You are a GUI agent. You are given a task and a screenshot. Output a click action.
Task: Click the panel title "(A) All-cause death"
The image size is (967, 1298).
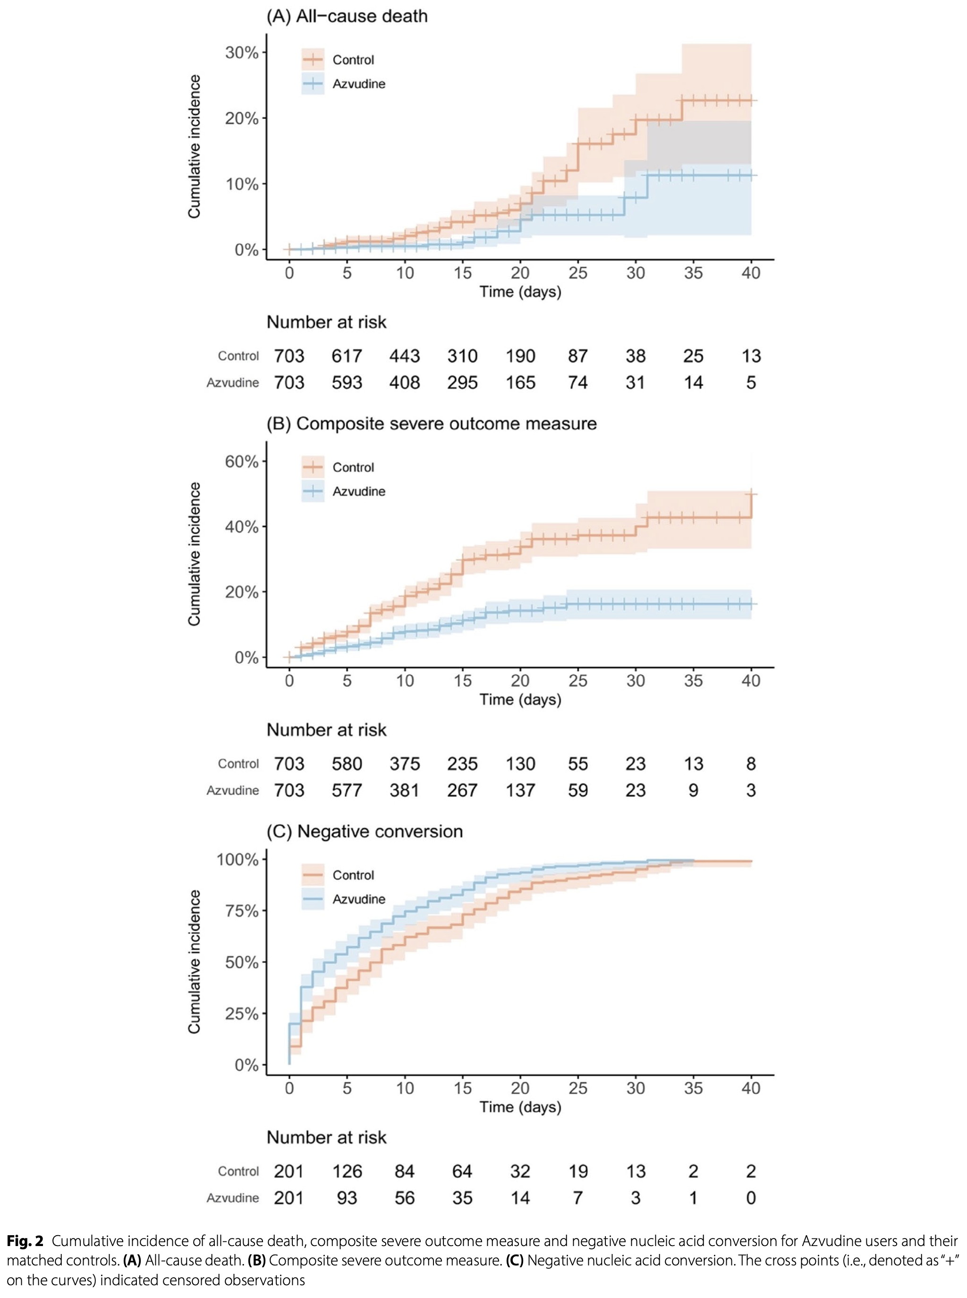tap(347, 16)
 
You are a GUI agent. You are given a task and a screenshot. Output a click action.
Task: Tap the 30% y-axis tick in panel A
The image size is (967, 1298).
tap(242, 53)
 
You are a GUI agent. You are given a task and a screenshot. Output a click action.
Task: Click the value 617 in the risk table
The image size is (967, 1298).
tap(347, 356)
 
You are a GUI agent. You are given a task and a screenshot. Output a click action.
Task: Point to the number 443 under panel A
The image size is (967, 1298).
tap(405, 356)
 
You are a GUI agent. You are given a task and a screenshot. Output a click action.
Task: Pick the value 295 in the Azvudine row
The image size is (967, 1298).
tap(462, 383)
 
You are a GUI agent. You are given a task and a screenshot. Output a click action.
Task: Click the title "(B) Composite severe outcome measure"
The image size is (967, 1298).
tap(432, 423)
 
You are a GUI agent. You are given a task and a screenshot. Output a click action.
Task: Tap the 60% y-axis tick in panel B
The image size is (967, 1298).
tap(242, 461)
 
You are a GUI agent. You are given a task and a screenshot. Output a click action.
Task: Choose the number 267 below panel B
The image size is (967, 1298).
tap(462, 790)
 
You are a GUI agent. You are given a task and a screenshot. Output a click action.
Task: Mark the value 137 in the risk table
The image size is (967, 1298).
tap(520, 790)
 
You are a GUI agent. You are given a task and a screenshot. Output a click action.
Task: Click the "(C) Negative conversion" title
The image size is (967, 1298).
tap(364, 831)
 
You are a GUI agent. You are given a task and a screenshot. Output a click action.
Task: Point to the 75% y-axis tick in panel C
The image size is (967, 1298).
tap(242, 911)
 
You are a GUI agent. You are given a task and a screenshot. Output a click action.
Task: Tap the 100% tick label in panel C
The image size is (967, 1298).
tap(238, 860)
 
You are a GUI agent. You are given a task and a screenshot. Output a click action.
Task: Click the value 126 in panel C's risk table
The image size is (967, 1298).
tap(347, 1171)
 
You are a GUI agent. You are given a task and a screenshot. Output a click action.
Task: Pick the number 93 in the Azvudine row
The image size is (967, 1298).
tap(347, 1198)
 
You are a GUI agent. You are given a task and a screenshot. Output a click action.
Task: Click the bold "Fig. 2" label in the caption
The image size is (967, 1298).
tap(25, 1242)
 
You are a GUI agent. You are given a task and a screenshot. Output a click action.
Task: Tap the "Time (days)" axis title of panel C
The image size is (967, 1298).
tap(520, 1107)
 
